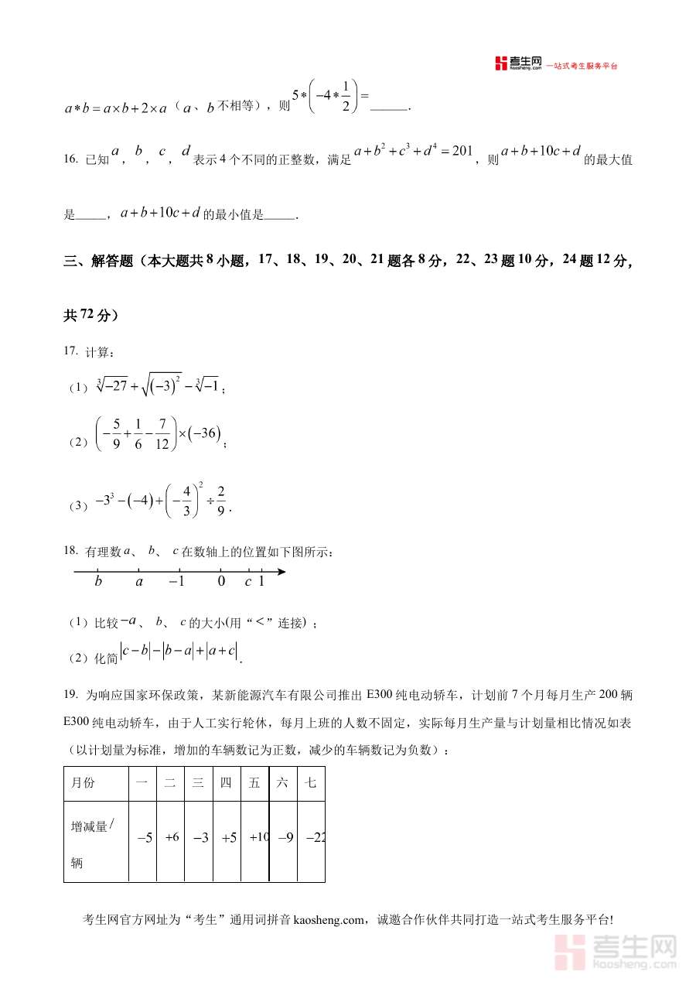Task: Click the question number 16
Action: tap(70, 159)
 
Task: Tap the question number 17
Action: tap(70, 351)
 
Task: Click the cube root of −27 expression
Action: tap(112, 385)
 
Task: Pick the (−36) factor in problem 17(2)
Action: tap(206, 434)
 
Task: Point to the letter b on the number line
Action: tap(98, 582)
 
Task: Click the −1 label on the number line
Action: tap(176, 582)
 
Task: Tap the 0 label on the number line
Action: tap(221, 582)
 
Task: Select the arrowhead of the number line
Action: tap(281, 572)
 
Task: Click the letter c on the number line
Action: tap(247, 582)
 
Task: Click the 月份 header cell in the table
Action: tap(84, 783)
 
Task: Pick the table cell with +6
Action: tap(172, 837)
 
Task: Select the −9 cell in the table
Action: tap(284, 837)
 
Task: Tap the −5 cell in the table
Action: tap(144, 837)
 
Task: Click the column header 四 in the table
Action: tap(226, 783)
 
